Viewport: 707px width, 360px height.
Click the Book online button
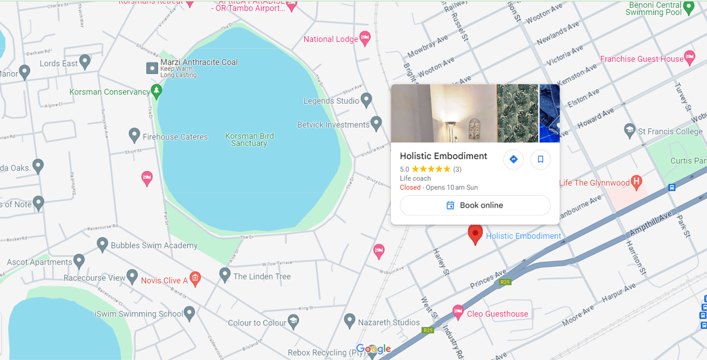475,205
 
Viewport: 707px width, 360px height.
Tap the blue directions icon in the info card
513,160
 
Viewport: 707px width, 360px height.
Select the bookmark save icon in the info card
541,160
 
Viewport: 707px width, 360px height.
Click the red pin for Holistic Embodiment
475,234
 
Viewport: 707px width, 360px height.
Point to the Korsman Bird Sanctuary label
249,140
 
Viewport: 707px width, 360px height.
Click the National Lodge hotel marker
365,39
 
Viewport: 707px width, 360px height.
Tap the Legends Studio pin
366,100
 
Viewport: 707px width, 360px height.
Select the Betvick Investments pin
376,124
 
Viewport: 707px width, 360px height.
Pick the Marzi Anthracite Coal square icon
152,68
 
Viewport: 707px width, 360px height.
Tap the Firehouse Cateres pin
134,135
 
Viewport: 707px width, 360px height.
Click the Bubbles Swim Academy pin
102,244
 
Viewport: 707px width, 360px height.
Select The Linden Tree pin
224,274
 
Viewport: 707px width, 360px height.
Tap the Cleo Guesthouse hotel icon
458,313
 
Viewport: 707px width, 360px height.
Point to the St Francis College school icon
630,131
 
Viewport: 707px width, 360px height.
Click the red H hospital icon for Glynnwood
636,182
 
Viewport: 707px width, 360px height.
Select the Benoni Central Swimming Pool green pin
689,7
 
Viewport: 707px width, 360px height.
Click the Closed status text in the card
410,188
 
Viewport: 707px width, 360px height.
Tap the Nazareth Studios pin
350,320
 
